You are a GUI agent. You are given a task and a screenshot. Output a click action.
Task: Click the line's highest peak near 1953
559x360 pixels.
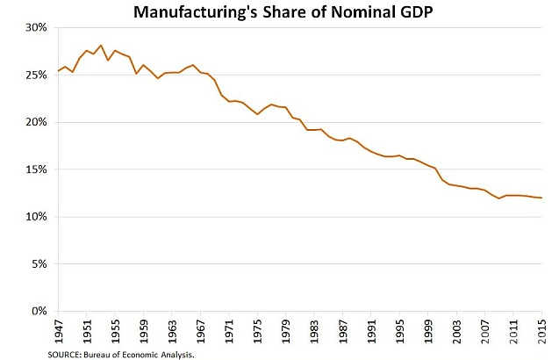pyautogui.click(x=101, y=45)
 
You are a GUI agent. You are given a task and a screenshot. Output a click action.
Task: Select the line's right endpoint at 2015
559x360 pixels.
pyautogui.click(x=541, y=198)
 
